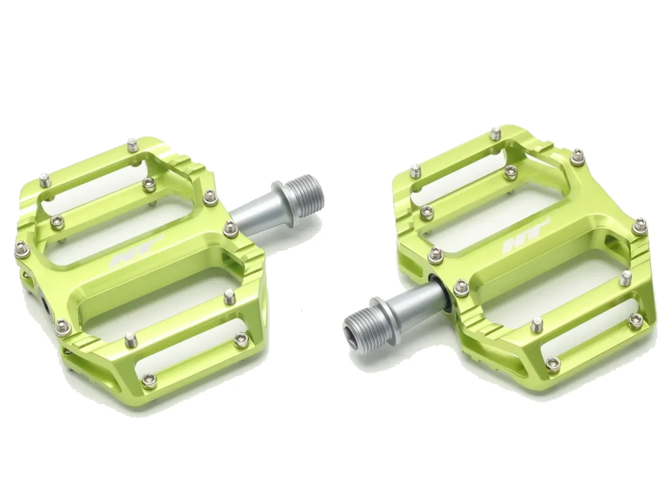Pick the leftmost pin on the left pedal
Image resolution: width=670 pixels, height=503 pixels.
point(21,248)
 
